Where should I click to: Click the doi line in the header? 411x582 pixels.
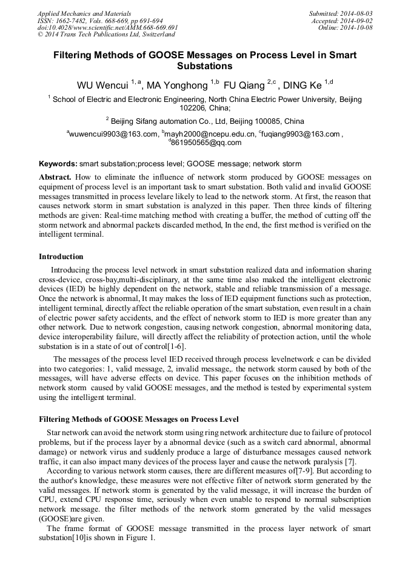[107, 27]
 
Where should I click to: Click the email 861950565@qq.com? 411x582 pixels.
[206, 143]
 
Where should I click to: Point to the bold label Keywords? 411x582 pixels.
[58, 164]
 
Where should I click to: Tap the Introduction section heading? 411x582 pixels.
[61, 257]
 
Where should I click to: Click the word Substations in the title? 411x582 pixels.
[204, 66]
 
